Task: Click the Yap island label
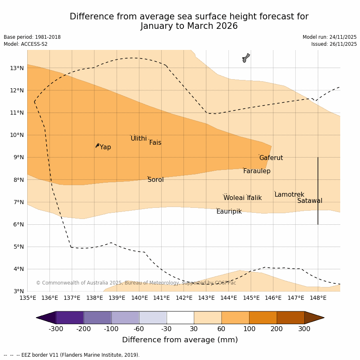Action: tap(105, 147)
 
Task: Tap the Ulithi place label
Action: tap(139, 139)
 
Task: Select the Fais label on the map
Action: tap(155, 143)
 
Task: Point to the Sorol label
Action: tap(155, 180)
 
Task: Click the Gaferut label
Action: tap(271, 158)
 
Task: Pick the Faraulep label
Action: tap(256, 171)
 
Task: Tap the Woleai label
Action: tap(234, 198)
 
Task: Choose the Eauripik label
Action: tap(229, 212)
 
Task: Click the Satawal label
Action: tap(310, 201)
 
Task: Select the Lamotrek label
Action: tap(289, 195)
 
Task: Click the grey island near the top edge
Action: tap(246, 58)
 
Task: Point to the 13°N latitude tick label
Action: tap(16, 68)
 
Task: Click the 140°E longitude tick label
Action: tap(139, 298)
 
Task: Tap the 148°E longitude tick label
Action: tap(318, 298)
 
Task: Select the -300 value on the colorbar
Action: tap(56, 329)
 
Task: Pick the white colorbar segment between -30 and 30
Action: tap(180, 318)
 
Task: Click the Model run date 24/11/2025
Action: tap(329, 37)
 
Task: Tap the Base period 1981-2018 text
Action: tap(32, 37)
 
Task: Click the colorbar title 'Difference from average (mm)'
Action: tap(180, 340)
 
